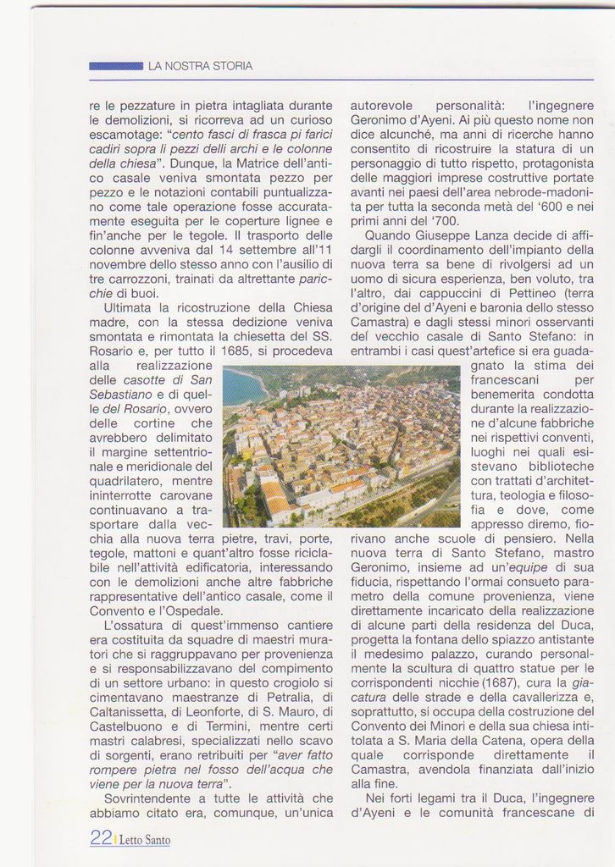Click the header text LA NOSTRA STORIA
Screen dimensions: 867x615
click(200, 65)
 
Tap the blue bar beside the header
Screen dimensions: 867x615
click(116, 65)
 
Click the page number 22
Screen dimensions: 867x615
click(101, 839)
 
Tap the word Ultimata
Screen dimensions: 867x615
click(130, 308)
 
